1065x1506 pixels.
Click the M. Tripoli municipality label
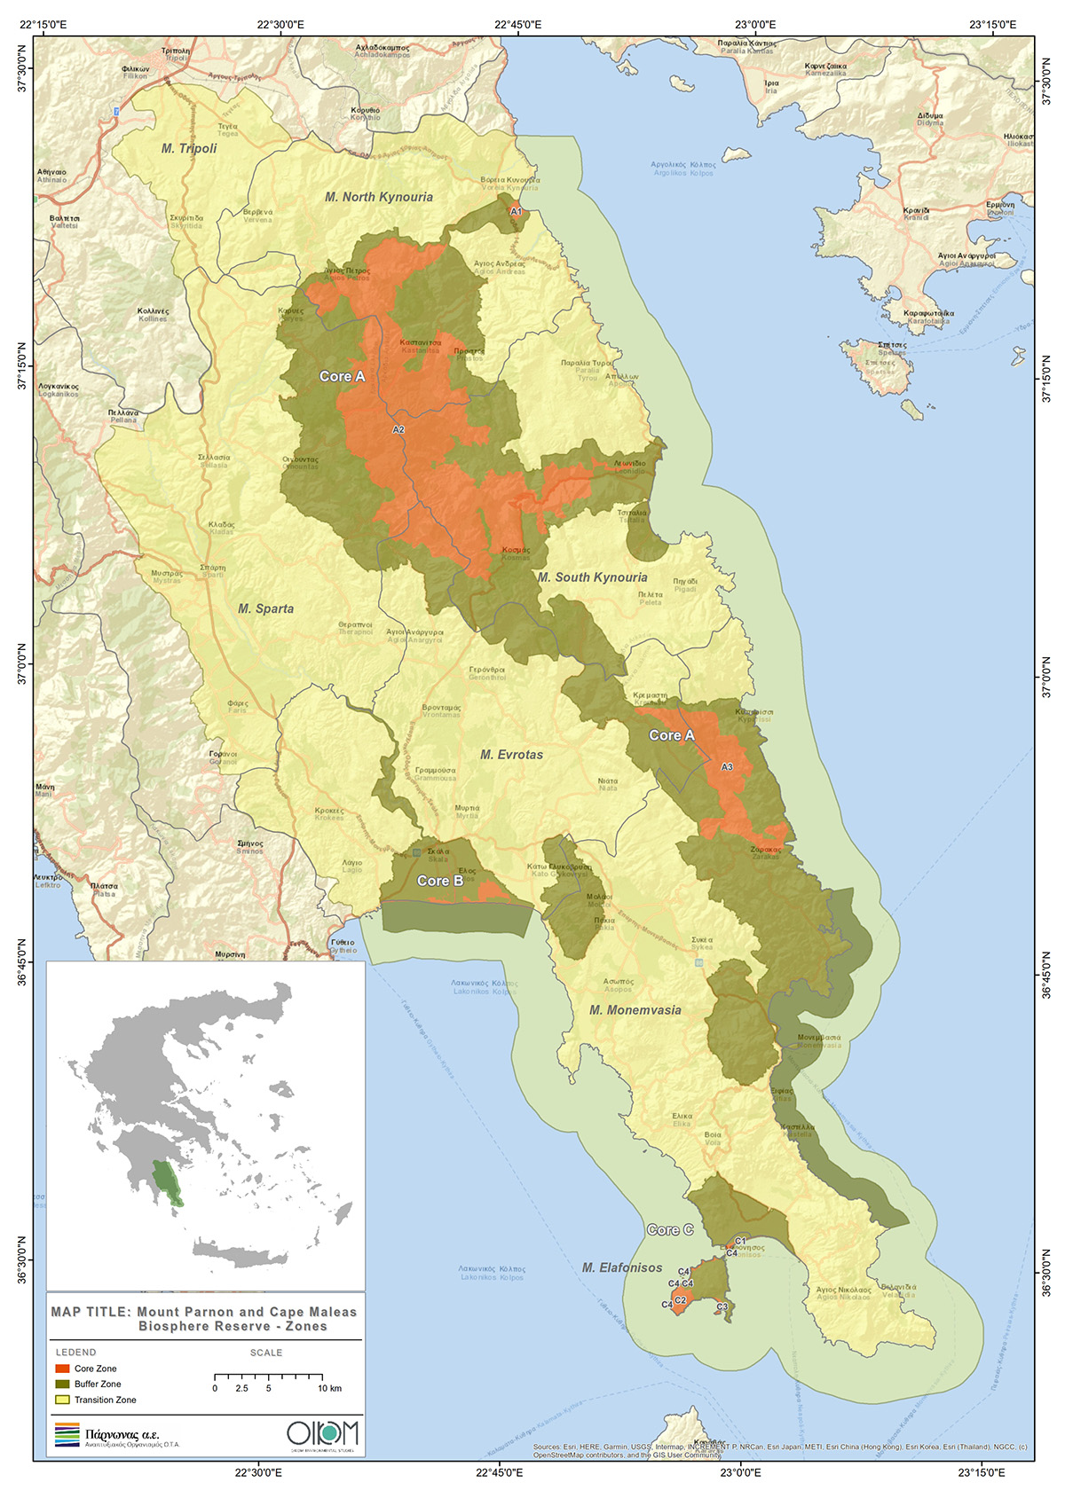[189, 148]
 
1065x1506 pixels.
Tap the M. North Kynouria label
[379, 197]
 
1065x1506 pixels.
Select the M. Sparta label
[265, 608]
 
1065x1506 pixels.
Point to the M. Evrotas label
[511, 755]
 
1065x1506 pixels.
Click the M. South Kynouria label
[592, 577]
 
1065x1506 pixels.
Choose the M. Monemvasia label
[635, 1010]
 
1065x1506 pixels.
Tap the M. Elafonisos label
[622, 1268]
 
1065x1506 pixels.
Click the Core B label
[440, 881]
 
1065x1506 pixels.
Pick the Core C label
[670, 1230]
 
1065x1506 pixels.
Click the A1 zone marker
[516, 211]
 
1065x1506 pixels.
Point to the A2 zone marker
[398, 430]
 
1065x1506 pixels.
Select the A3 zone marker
[727, 766]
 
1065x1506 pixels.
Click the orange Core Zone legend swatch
[62, 1369]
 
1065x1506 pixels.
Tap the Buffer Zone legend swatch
[62, 1384]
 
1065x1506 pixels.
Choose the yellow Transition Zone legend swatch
[62, 1400]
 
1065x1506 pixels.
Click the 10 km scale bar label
[329, 1388]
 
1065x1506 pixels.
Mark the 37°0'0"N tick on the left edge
[27, 663]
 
